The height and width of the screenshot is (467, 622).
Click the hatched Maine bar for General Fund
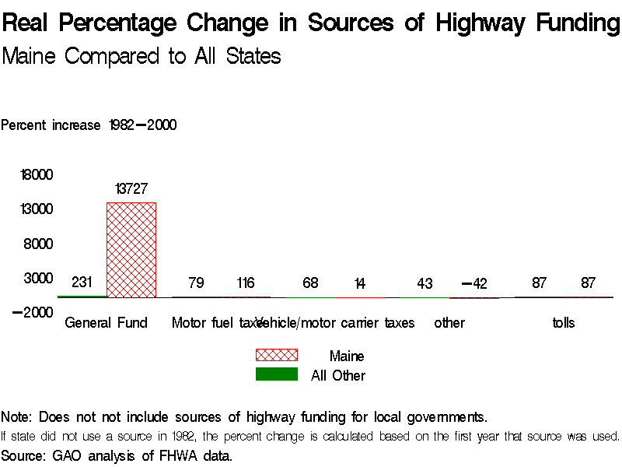click(131, 249)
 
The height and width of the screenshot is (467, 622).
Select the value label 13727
click(131, 188)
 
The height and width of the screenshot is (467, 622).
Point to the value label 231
click(82, 283)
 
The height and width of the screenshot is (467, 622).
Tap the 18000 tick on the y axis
click(37, 175)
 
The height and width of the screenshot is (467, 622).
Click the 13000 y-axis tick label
click(37, 209)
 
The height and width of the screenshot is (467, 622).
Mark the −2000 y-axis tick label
click(33, 312)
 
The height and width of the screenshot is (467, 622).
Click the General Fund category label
click(107, 322)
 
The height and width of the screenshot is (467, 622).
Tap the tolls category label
click(564, 322)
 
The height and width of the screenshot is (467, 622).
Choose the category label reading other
click(449, 322)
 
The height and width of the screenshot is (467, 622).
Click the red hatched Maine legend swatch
click(277, 356)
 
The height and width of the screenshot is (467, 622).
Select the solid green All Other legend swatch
click(277, 374)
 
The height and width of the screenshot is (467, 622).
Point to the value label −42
click(473, 283)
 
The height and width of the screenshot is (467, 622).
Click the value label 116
click(245, 283)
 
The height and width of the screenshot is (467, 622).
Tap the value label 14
click(359, 283)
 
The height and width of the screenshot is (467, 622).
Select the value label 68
click(310, 283)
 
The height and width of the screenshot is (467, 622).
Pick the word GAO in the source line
click(67, 455)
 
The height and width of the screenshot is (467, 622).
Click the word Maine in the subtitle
click(31, 56)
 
